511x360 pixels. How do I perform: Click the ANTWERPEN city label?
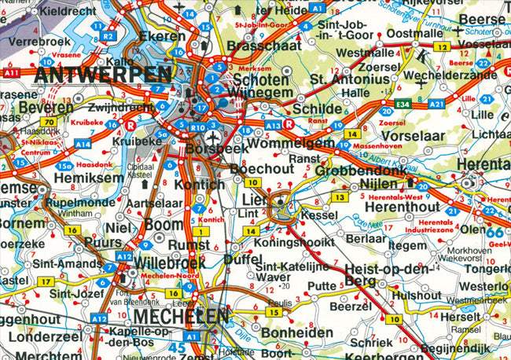click(x=103, y=75)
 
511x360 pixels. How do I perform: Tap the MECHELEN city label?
click(x=182, y=316)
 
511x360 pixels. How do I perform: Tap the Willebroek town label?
click(x=170, y=263)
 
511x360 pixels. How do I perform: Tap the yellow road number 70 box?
click(x=49, y=123)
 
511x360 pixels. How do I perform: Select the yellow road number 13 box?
click(x=338, y=197)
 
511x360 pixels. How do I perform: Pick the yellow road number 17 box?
click(x=46, y=281)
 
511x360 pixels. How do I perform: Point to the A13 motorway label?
click(x=273, y=125)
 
